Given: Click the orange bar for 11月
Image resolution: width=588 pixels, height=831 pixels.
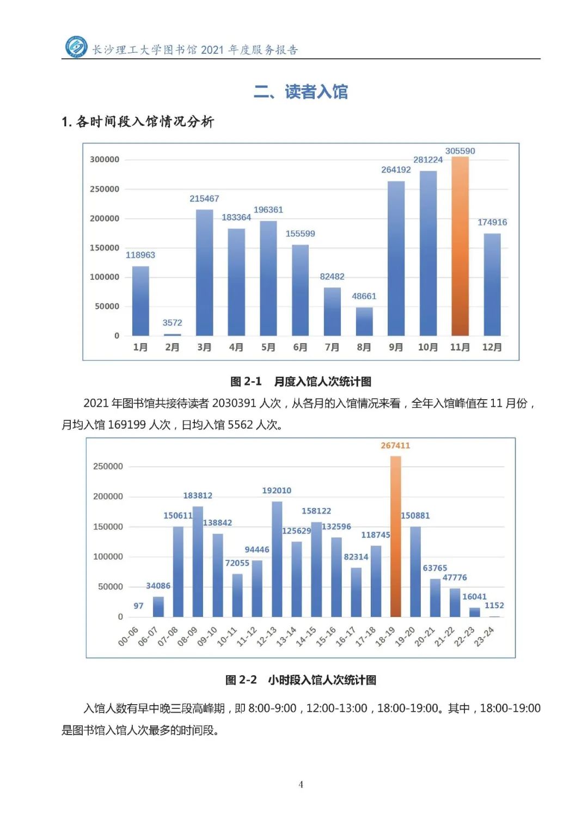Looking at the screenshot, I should click(x=460, y=246).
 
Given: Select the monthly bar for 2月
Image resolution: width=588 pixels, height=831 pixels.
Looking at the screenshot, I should click(x=172, y=334).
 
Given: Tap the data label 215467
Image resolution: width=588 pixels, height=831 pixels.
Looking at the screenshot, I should click(x=204, y=199).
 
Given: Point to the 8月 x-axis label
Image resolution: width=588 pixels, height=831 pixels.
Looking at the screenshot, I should click(x=364, y=347).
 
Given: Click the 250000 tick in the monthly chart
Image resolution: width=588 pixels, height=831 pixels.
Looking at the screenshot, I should click(x=105, y=189).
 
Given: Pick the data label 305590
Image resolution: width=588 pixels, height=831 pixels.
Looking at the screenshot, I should click(x=460, y=151).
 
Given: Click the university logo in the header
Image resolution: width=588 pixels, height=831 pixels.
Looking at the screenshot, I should click(x=76, y=47).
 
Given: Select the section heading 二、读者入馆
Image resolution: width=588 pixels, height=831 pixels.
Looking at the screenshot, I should click(x=301, y=91).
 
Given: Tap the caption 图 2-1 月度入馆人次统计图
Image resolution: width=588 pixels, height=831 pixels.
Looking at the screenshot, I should click(x=301, y=381).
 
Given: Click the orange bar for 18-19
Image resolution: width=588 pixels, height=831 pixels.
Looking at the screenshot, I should click(x=396, y=536).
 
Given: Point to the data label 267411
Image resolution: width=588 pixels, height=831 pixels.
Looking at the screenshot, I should click(x=395, y=445).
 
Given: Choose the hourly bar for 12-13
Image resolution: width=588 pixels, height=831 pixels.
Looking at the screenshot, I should click(x=277, y=559).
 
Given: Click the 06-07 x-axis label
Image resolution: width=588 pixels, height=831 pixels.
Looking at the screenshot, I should click(x=148, y=637).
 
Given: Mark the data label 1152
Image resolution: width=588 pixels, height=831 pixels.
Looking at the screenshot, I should click(x=494, y=606).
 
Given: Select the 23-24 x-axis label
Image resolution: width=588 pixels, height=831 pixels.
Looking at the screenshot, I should click(x=484, y=637).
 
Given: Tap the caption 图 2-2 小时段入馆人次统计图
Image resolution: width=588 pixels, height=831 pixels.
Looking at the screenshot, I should click(x=301, y=680).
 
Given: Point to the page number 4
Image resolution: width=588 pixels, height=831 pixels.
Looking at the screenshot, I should click(x=301, y=784).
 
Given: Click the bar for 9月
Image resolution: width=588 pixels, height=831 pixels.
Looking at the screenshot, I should click(x=396, y=259).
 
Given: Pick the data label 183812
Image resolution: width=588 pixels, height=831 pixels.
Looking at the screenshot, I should click(x=198, y=496).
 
